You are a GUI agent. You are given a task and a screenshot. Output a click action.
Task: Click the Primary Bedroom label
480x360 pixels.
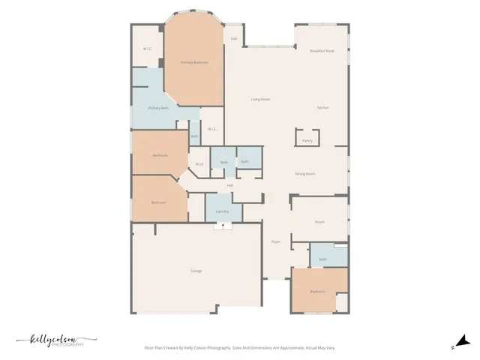click(x=194, y=63)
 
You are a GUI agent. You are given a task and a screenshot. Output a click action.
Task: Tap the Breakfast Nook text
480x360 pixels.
click(x=322, y=50)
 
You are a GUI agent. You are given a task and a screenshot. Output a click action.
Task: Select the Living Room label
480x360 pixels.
click(x=260, y=99)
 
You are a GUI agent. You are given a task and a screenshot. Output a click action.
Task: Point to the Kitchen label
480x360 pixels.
click(x=322, y=108)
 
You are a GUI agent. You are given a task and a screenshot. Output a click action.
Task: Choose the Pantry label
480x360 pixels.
click(x=307, y=140)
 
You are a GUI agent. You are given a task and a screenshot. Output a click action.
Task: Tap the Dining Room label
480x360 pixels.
click(x=304, y=173)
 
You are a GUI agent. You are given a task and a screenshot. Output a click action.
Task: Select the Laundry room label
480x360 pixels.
click(x=222, y=211)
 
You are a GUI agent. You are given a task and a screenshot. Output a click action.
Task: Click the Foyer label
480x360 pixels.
click(x=275, y=241)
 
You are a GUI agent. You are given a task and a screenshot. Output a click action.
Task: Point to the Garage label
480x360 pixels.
click(x=196, y=271)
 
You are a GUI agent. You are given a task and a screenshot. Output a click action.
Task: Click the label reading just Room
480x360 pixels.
click(x=319, y=222)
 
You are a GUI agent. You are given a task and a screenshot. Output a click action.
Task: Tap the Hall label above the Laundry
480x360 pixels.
click(x=230, y=185)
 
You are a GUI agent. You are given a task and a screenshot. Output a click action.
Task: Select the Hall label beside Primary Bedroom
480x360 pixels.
click(x=234, y=38)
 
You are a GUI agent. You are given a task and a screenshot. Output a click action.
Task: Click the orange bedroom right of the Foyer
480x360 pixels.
click(x=318, y=291)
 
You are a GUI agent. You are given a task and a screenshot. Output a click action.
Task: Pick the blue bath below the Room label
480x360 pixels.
click(x=322, y=259)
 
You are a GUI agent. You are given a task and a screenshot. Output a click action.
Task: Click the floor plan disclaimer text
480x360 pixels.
click(x=239, y=348)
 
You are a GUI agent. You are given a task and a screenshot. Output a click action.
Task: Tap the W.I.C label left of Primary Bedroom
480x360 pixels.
click(x=148, y=49)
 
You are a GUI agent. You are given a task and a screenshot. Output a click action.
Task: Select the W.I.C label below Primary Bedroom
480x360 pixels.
click(x=211, y=129)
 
